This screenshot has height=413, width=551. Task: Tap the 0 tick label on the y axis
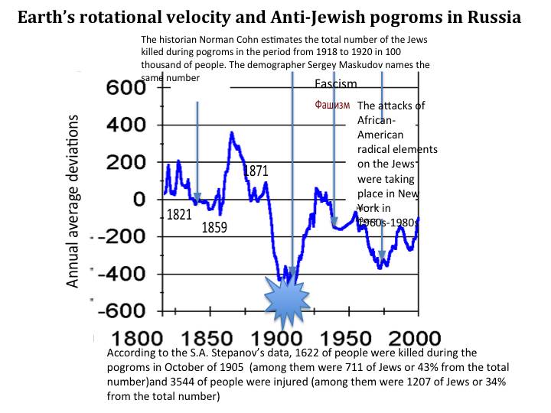tap(139, 200)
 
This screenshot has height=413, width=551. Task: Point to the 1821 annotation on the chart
tap(179, 216)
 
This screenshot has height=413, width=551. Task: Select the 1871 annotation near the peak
tap(256, 171)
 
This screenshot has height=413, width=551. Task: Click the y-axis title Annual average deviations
tap(73, 200)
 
